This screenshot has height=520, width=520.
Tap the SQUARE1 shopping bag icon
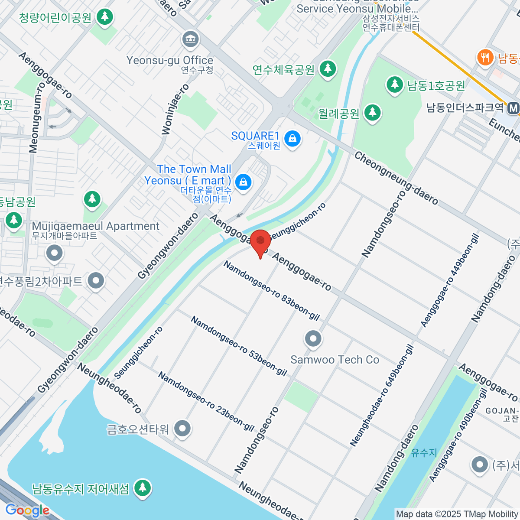click(293, 139)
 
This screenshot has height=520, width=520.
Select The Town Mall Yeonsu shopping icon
click(244, 182)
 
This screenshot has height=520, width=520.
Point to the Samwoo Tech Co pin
click(313, 339)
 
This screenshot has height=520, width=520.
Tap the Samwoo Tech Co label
click(335, 360)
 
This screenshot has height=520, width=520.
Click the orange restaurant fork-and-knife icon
click(485, 58)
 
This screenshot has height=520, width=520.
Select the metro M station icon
click(513, 108)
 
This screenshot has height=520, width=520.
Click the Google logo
click(27, 510)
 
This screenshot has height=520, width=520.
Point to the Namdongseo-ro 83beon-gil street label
click(271, 290)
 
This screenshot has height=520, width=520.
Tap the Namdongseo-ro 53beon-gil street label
click(239, 346)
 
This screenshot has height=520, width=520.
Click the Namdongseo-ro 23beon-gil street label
click(206, 401)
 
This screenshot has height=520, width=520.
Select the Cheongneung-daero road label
click(396, 178)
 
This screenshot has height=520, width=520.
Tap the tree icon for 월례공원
click(372, 113)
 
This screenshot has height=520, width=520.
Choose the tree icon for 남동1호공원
click(394, 84)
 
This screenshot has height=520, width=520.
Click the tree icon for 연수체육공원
click(328, 69)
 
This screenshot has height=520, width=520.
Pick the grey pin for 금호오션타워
click(182, 429)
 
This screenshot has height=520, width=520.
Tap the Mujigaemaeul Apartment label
click(96, 226)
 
